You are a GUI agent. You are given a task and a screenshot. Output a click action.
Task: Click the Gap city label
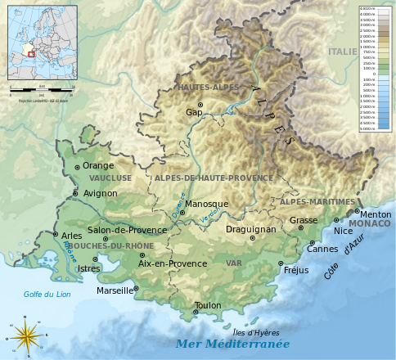(x=193, y=113)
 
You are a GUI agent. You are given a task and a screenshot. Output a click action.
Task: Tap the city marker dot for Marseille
(x=136, y=288)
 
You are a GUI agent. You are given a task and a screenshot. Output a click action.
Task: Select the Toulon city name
(x=208, y=306)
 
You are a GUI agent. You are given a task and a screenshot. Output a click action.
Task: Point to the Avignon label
(x=101, y=194)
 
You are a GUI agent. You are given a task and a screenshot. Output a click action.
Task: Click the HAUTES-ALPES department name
(x=202, y=87)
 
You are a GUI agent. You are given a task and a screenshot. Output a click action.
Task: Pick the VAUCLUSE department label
(x=110, y=178)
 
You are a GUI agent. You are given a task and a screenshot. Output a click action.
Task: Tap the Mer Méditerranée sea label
(x=232, y=344)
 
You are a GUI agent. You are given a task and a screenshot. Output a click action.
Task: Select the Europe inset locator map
(x=40, y=41)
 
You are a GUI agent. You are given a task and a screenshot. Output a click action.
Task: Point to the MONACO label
(x=369, y=223)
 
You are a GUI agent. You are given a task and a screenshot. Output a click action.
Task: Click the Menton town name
(x=376, y=214)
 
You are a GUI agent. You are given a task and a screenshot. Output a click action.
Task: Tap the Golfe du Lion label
(x=43, y=295)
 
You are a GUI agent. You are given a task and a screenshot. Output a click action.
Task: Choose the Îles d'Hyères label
(x=256, y=333)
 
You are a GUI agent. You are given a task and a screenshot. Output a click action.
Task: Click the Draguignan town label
(x=251, y=230)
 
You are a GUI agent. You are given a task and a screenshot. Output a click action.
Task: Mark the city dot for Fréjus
(x=281, y=263)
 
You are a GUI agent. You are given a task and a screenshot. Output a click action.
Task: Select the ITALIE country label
(x=342, y=52)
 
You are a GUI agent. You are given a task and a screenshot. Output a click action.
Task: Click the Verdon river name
(x=210, y=214)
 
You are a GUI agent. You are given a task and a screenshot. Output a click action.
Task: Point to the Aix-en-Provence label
(x=173, y=264)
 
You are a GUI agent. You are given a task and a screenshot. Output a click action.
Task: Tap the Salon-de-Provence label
(x=127, y=230)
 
